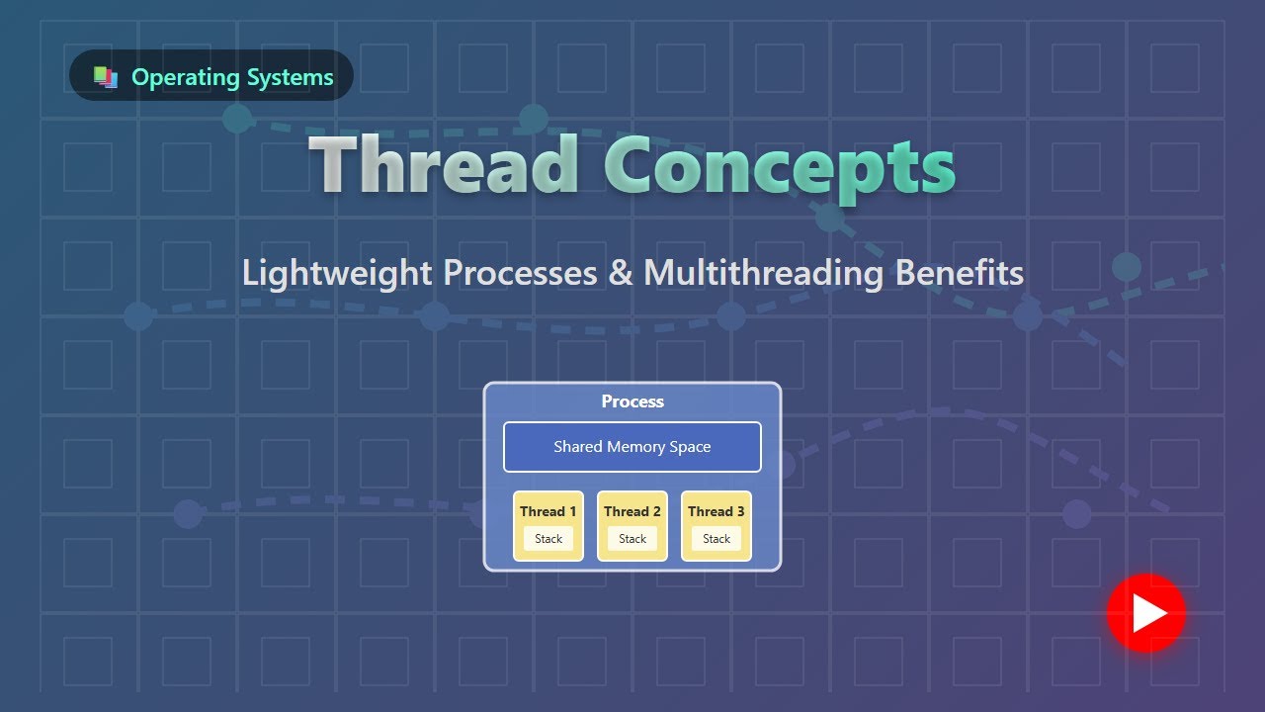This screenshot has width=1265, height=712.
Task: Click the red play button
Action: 1145,613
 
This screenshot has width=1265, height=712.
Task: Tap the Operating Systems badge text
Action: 232,77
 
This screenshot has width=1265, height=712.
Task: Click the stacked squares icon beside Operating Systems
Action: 106,77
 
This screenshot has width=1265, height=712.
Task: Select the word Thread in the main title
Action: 445,164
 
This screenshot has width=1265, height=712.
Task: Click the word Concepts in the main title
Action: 780,166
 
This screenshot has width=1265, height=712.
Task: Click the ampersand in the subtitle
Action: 620,272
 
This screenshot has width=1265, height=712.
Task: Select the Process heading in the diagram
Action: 632,401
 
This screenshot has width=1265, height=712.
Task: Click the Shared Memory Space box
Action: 632,447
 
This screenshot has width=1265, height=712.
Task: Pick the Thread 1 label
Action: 548,511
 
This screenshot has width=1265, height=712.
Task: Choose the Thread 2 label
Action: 632,511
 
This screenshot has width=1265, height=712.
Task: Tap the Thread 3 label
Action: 717,511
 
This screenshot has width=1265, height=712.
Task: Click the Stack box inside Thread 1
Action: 548,539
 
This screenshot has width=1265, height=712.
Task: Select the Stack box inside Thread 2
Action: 632,539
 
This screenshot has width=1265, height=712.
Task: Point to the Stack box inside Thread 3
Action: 717,539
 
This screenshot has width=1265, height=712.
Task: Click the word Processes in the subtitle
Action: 520,272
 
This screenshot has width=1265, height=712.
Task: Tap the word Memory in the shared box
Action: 635,447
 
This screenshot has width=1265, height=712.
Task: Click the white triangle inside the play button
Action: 1148,613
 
